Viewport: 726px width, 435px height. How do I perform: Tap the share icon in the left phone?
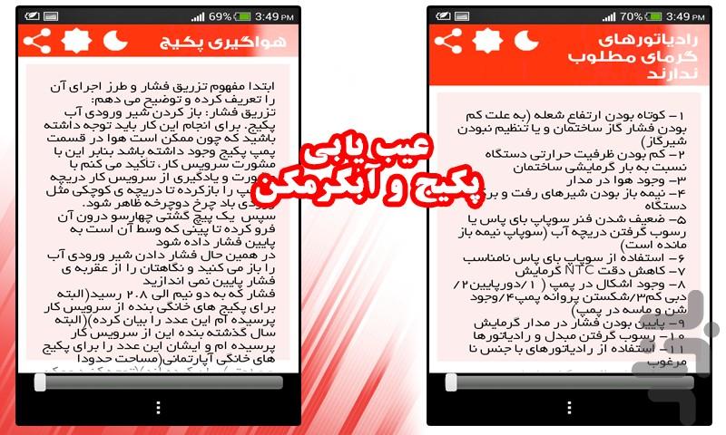point(37,42)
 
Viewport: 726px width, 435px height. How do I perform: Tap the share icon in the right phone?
point(448,42)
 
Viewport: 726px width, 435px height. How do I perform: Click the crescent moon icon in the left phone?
point(115,42)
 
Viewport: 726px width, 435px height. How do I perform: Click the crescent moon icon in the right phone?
point(526,42)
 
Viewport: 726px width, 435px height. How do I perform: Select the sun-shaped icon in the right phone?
point(487,42)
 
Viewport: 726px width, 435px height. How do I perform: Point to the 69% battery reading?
point(221,16)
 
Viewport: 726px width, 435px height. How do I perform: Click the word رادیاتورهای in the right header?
point(646,40)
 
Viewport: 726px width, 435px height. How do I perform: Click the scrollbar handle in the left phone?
point(40,382)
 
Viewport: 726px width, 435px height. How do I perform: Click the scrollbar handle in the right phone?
point(451,382)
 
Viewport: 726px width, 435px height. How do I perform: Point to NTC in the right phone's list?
point(577,270)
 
